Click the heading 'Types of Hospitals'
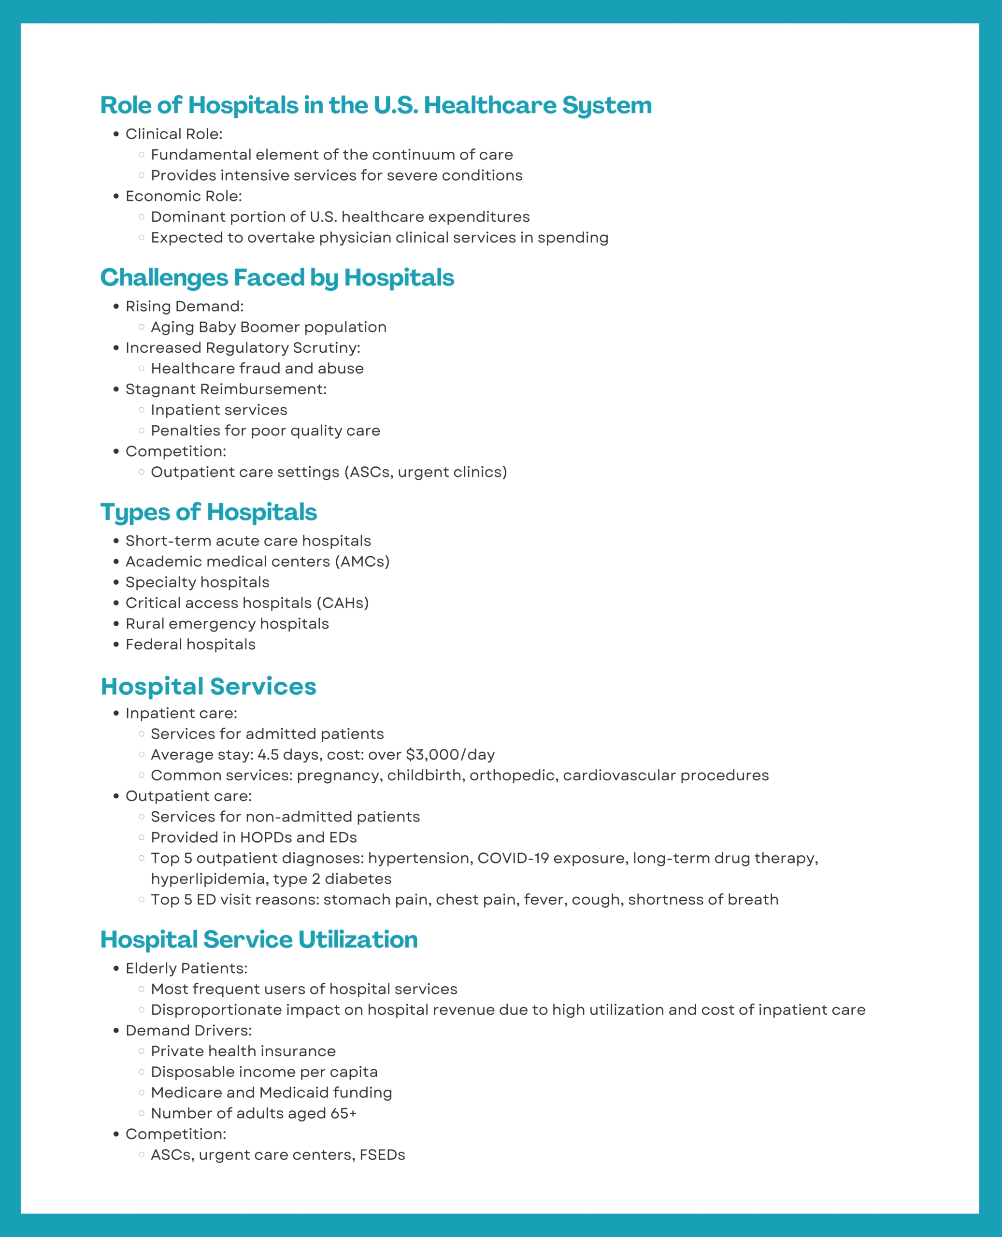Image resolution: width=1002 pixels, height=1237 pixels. tap(208, 512)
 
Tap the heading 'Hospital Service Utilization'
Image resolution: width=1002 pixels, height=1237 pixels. tap(258, 939)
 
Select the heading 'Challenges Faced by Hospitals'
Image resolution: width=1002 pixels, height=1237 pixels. tap(277, 278)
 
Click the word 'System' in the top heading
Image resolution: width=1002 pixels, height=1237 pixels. tap(607, 105)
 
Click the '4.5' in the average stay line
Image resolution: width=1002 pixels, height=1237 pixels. tap(269, 754)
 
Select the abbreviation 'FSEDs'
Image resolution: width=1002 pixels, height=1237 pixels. tap(382, 1154)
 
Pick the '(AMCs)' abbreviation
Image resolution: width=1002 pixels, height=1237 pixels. tap(362, 561)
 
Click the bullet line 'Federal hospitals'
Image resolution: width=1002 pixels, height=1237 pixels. tap(190, 644)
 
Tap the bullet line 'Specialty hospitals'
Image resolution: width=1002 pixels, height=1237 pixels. tap(198, 582)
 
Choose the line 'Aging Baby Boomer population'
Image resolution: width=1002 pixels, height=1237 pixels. tap(269, 327)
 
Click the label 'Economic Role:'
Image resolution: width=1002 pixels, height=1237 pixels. tap(184, 196)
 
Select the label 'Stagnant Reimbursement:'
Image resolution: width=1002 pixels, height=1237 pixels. tap(226, 389)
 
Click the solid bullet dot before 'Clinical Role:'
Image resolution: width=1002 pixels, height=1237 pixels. tap(116, 134)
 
